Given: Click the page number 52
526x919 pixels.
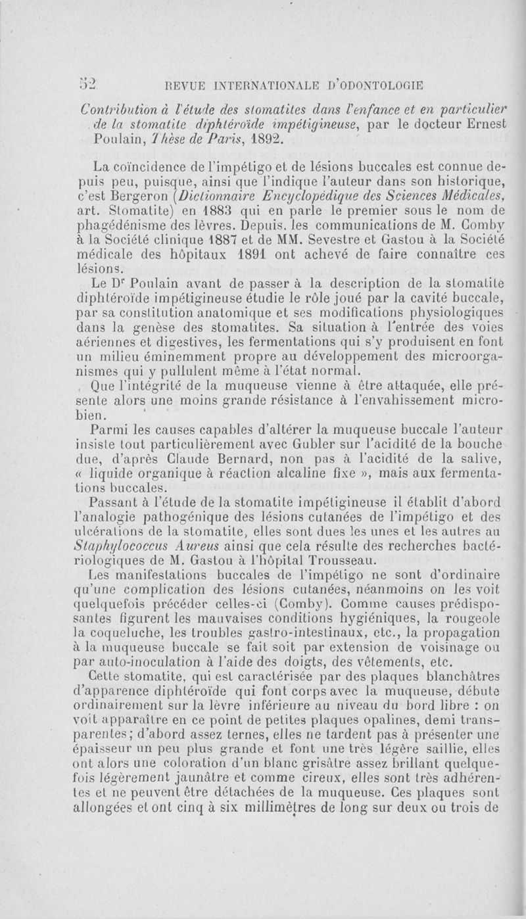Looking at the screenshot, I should click(87, 85).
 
